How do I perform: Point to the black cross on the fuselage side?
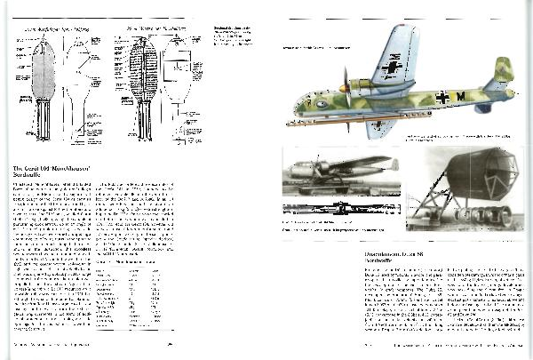point(442,96)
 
